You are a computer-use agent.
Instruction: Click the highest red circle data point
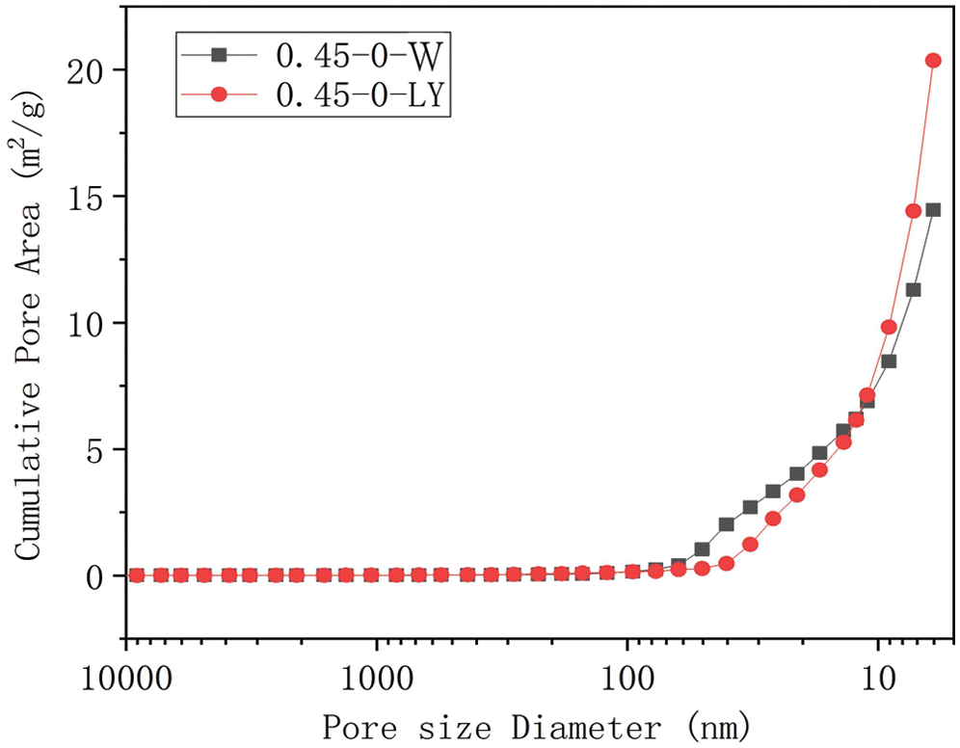(x=933, y=61)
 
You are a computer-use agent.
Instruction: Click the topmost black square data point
(x=933, y=209)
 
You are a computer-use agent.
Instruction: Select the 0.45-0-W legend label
(x=359, y=56)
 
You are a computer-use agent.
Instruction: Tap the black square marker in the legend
(x=219, y=56)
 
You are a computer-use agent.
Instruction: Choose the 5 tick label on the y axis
(x=101, y=449)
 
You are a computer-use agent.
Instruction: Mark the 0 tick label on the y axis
(x=101, y=576)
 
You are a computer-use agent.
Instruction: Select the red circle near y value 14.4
(x=913, y=211)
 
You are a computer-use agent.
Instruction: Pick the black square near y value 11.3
(x=913, y=290)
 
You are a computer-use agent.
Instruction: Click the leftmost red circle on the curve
(x=136, y=575)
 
